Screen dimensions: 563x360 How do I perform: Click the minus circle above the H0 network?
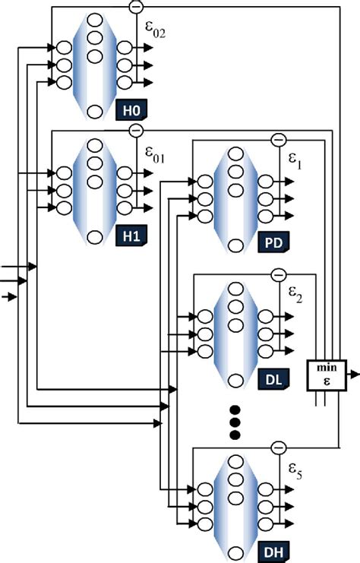click(x=135, y=8)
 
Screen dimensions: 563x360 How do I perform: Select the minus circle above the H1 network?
click(x=135, y=130)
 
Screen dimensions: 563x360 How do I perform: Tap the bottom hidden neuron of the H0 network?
click(x=95, y=112)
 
